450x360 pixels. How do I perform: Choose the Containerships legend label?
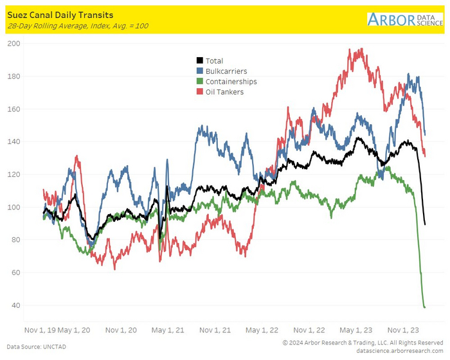coord(231,82)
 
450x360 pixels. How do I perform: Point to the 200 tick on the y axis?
coord(13,44)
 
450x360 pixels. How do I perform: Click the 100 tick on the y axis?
coord(13,207)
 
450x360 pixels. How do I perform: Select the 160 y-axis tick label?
coord(13,109)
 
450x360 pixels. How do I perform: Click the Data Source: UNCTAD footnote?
coord(37,347)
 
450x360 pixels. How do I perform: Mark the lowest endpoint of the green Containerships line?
coord(425,307)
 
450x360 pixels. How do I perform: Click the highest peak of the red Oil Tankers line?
coord(361,49)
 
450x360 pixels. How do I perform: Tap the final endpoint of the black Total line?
coord(426,224)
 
